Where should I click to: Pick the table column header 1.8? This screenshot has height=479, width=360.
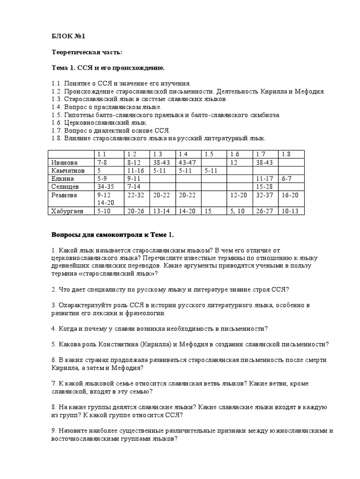click(x=286, y=154)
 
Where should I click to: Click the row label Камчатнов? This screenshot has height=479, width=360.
click(x=67, y=171)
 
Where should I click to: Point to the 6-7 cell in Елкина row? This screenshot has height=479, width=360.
click(x=287, y=179)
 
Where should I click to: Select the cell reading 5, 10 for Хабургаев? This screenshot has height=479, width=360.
click(x=237, y=211)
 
